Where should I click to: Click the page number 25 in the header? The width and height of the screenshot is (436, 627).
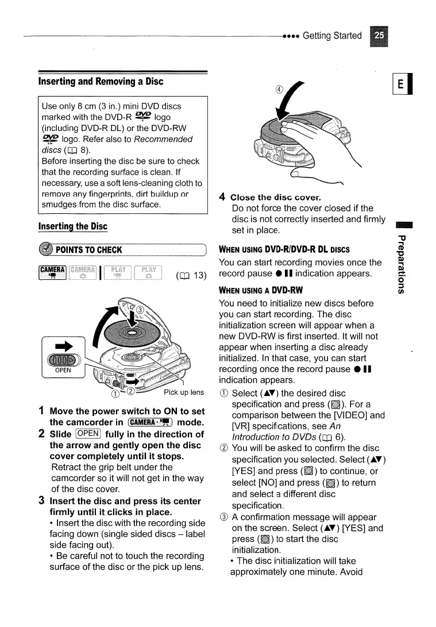click(379, 36)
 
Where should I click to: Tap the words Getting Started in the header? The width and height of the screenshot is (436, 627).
click(332, 36)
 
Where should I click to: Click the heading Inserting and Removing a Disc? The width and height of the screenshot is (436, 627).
click(101, 81)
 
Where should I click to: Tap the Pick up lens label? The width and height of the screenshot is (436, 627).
click(184, 393)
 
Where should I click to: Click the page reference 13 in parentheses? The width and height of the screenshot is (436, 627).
click(191, 274)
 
